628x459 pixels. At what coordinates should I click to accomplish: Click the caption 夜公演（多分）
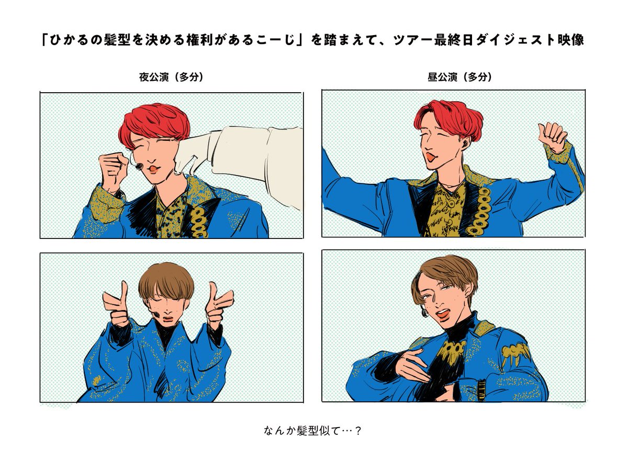pos(171,77)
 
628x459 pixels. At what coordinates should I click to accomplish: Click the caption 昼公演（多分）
pos(459,77)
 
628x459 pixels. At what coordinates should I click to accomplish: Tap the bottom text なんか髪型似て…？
pos(312,430)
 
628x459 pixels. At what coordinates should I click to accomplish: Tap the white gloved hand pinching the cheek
pos(193,153)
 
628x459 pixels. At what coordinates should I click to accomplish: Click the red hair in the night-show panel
pos(155,124)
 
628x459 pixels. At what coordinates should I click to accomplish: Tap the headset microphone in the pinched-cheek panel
pos(139,167)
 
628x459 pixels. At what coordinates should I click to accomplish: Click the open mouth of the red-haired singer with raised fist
pos(431,157)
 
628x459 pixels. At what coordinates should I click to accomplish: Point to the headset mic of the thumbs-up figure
pos(156,314)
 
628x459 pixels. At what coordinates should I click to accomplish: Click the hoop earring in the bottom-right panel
pos(425,312)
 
